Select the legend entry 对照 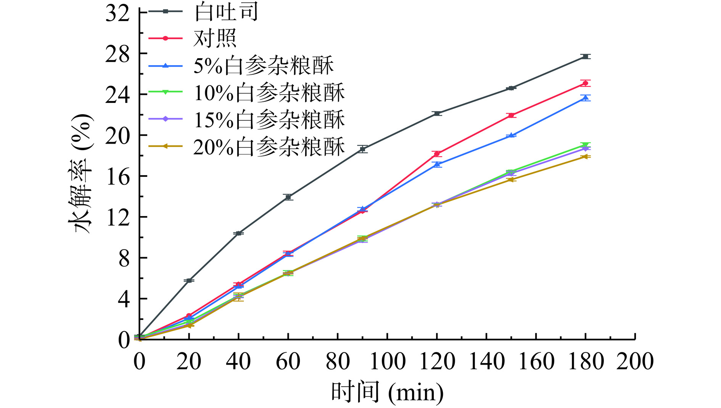click(215, 38)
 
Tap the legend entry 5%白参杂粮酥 click(264, 66)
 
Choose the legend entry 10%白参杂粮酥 click(269, 93)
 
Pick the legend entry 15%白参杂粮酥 click(269, 120)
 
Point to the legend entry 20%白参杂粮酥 click(269, 147)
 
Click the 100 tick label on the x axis click(387, 361)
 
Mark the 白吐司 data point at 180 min click(586, 57)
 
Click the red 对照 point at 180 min click(586, 83)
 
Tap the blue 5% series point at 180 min click(586, 98)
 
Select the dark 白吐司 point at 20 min click(189, 281)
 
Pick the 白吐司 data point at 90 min click(363, 149)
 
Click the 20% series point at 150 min click(511, 179)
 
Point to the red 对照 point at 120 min click(437, 154)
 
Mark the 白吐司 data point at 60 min click(288, 197)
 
